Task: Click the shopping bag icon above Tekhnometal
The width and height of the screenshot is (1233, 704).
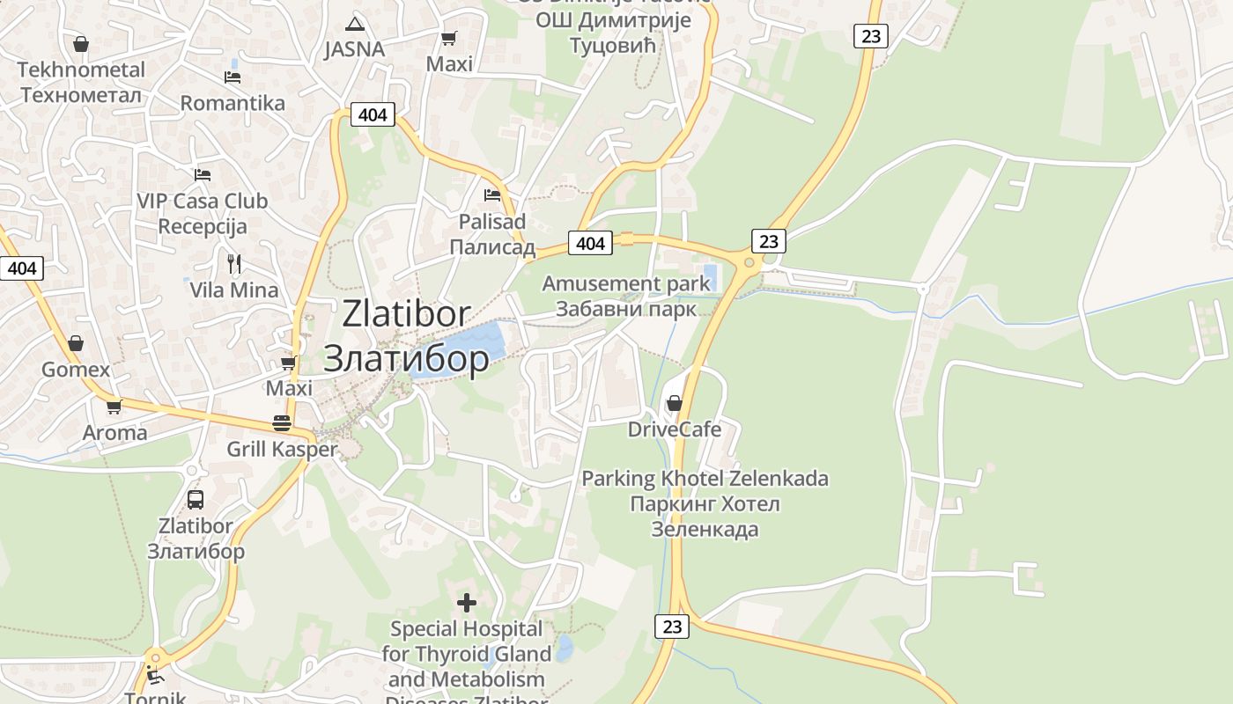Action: click(80, 43)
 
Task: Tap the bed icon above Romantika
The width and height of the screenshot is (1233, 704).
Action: click(233, 77)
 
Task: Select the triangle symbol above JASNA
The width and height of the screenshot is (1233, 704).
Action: click(355, 24)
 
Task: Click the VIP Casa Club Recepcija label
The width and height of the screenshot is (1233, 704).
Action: click(202, 214)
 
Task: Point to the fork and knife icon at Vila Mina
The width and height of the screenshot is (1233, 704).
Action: click(234, 263)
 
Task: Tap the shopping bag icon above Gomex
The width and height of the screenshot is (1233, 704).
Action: click(76, 343)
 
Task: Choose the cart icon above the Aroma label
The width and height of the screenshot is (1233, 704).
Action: click(114, 407)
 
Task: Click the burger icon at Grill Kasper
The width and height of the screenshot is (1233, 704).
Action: click(282, 423)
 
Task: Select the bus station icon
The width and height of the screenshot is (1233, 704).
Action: click(196, 500)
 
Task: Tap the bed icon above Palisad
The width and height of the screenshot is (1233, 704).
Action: click(491, 194)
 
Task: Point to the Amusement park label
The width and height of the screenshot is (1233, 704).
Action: click(625, 284)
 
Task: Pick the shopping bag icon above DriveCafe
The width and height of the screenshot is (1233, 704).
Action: click(675, 403)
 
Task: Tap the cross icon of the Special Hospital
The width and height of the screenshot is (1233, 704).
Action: click(467, 603)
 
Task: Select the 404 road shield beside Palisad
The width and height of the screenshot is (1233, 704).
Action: click(590, 243)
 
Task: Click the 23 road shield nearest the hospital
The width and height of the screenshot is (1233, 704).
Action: click(672, 627)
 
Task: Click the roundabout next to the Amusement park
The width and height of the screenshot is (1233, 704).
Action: click(749, 262)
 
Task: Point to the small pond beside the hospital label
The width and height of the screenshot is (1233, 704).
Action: click(564, 649)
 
